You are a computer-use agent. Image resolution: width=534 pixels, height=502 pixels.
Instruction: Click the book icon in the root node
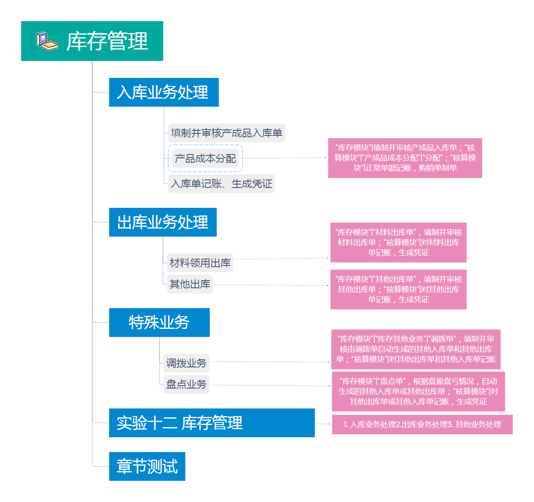point(47,41)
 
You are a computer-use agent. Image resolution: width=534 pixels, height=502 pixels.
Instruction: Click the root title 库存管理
point(107,41)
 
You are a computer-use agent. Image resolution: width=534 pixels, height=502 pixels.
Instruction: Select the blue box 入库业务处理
point(164,92)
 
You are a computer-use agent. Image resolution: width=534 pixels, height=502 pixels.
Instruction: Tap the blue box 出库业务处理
point(162,222)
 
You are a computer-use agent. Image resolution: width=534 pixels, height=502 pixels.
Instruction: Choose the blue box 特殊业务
point(159,323)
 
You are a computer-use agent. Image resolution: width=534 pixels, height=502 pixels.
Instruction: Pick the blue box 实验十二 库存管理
point(212,423)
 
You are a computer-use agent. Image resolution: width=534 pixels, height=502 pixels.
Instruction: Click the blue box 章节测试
point(147,466)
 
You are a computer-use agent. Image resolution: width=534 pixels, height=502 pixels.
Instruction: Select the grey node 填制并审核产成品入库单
point(226,133)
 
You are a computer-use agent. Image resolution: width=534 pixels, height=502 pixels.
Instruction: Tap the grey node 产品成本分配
point(205,158)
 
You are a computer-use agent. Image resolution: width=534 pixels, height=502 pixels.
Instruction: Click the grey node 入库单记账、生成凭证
point(221,184)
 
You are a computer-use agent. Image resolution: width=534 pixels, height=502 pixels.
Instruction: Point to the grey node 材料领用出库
point(200,263)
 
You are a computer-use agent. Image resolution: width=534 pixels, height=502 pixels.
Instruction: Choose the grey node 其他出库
point(190,284)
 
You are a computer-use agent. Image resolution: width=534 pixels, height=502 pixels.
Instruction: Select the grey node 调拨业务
point(186,363)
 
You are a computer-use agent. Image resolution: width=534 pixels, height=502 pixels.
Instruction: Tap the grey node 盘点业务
point(186,384)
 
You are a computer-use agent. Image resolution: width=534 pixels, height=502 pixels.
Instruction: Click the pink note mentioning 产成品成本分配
point(405,158)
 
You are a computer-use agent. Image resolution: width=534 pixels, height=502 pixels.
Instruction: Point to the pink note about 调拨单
point(416,349)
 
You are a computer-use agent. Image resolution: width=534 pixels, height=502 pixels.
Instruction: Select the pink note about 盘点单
point(418,392)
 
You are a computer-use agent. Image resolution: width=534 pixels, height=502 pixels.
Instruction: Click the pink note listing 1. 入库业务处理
point(422,425)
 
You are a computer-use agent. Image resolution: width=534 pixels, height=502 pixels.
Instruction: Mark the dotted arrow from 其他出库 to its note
point(272,285)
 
